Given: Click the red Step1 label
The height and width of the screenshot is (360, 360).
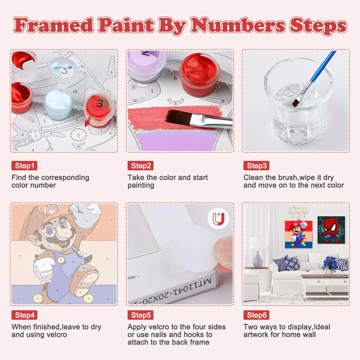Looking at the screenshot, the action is click(24, 166).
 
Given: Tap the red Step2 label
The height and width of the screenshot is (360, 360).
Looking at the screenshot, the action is click(141, 166).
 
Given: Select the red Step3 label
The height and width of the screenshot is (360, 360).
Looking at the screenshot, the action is click(256, 166).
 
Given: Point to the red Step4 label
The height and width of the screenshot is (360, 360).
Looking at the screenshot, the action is click(24, 315).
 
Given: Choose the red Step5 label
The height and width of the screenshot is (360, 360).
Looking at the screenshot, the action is click(141, 315).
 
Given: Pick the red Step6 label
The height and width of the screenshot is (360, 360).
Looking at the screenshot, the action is click(256, 315).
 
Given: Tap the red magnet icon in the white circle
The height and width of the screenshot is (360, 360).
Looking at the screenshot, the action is click(218, 219).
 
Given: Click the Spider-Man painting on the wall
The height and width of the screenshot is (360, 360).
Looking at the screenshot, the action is click(331, 230).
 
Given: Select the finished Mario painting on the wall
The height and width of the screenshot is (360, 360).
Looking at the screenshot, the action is click(298, 234).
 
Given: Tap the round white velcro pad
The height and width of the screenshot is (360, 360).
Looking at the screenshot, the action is click(194, 248).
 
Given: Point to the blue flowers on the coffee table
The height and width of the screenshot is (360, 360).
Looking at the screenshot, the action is click(329, 264).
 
